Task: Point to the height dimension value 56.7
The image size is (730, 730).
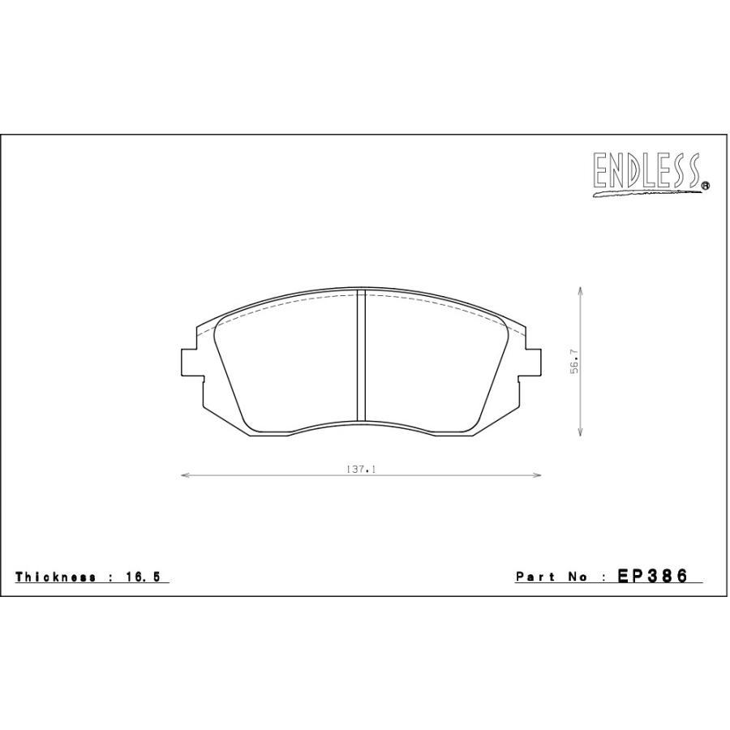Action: [x=573, y=362]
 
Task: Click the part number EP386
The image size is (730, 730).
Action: [x=653, y=576]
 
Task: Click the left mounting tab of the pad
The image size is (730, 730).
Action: [x=187, y=362]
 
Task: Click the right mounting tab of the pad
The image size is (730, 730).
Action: [x=533, y=362]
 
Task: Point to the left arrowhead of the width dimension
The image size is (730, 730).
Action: [x=183, y=476]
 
